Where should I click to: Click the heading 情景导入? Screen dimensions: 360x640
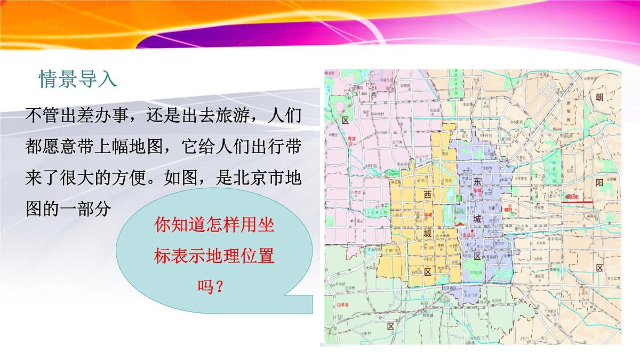[x=77, y=79]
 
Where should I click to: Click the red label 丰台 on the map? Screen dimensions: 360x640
[x=344, y=304]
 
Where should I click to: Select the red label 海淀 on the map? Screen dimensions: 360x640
[x=351, y=138]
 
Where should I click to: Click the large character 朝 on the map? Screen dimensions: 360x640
[x=600, y=97]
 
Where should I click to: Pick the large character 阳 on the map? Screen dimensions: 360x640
[x=600, y=183]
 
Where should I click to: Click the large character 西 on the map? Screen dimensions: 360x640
[x=427, y=195]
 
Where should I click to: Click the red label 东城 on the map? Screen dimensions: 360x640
[x=478, y=190]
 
